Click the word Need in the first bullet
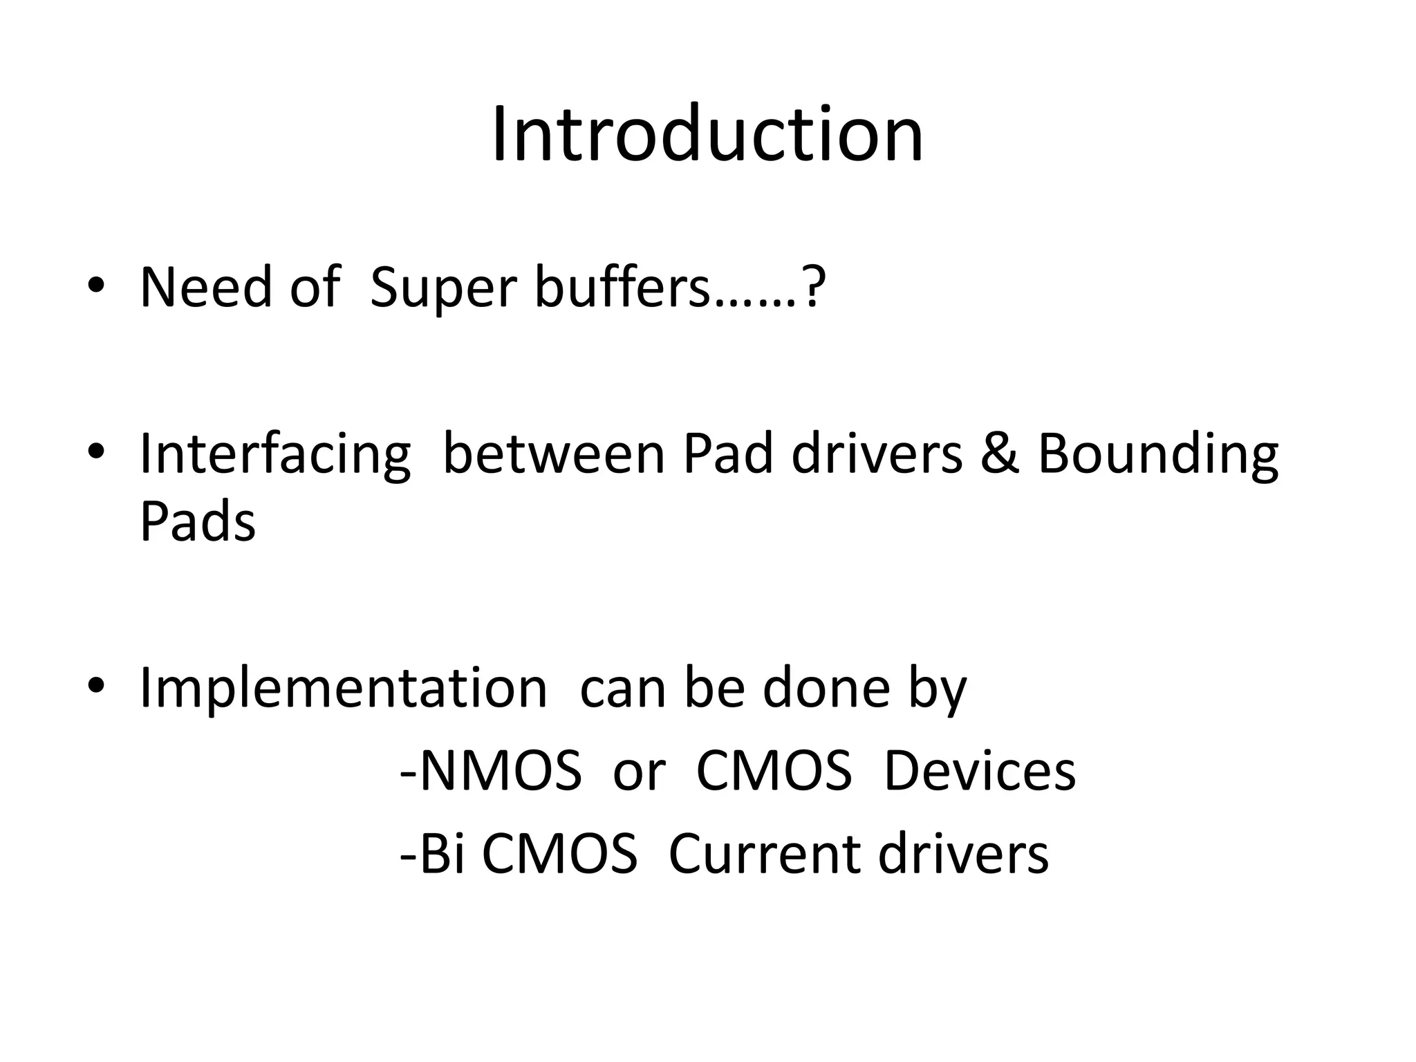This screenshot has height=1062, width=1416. tap(205, 287)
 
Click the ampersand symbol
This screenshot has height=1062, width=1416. tap(1000, 454)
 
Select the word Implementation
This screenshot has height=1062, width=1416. tap(344, 689)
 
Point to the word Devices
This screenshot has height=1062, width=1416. tap(980, 771)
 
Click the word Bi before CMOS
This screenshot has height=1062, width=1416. tap(440, 855)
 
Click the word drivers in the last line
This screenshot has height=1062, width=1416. tap(964, 855)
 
